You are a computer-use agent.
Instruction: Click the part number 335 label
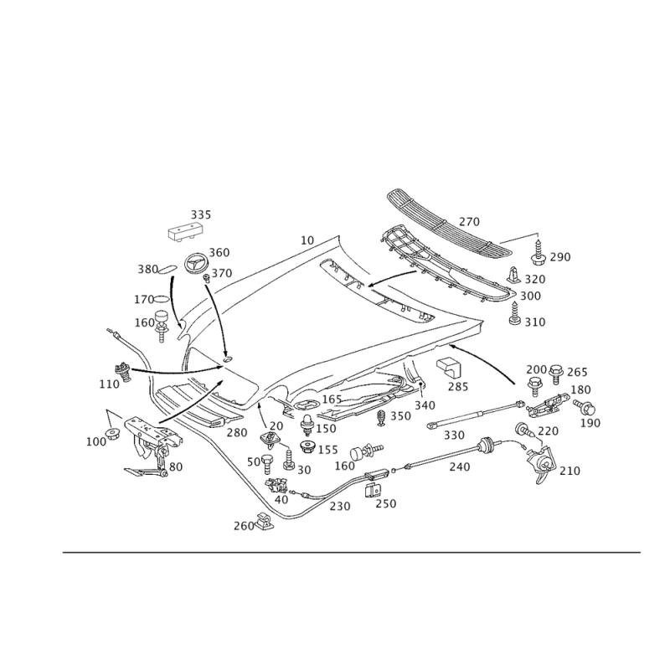(x=201, y=214)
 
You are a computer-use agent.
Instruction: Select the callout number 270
(x=469, y=222)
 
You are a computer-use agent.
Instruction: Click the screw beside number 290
(x=538, y=251)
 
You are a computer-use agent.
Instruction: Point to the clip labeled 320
(x=514, y=276)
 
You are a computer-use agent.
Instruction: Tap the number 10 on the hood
(x=307, y=240)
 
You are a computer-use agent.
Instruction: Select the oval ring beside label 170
(x=162, y=298)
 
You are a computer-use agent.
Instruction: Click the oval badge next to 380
(x=167, y=269)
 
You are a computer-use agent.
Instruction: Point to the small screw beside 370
(x=206, y=278)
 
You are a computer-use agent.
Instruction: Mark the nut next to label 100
(x=114, y=434)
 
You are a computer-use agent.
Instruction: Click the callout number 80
(x=176, y=466)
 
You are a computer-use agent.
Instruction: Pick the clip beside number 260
(x=265, y=521)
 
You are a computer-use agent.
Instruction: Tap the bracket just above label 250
(x=373, y=490)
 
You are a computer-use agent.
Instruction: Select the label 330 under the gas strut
(x=454, y=435)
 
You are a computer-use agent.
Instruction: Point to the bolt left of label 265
(x=555, y=374)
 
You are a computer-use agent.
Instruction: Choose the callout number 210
(x=570, y=471)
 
